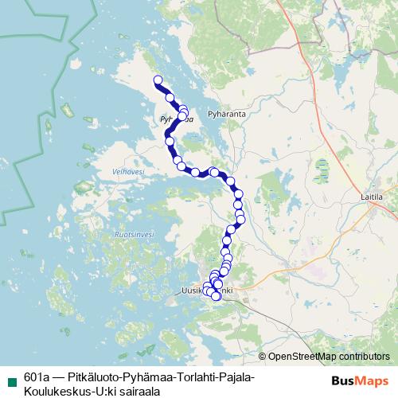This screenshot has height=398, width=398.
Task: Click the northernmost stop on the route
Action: coord(158,80)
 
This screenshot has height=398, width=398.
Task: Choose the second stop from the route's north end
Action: coord(170,97)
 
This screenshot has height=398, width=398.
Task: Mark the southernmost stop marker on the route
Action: coord(216,297)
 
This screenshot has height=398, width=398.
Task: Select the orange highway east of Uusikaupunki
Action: coord(263,306)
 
